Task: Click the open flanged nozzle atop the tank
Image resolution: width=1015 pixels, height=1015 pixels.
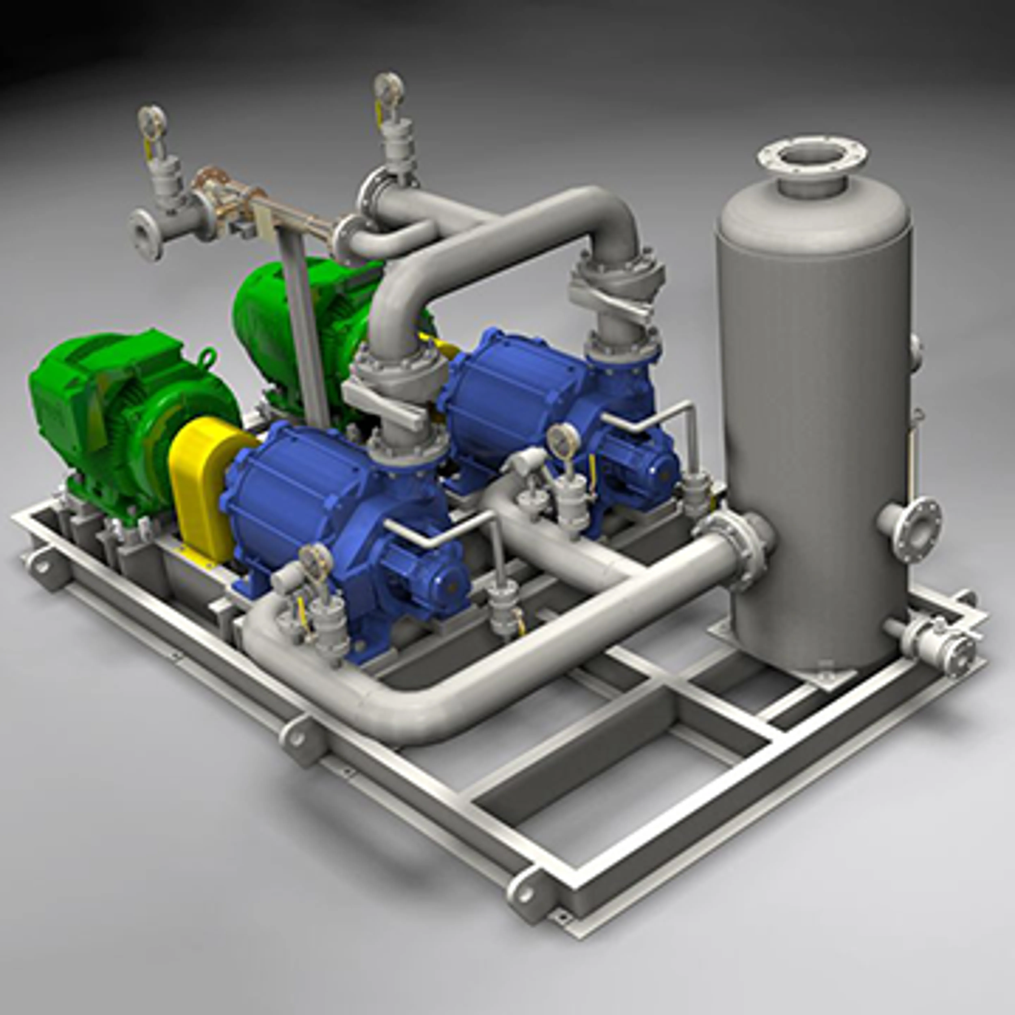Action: pos(812,158)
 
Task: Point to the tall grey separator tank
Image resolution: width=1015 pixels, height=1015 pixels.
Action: pos(814,420)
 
